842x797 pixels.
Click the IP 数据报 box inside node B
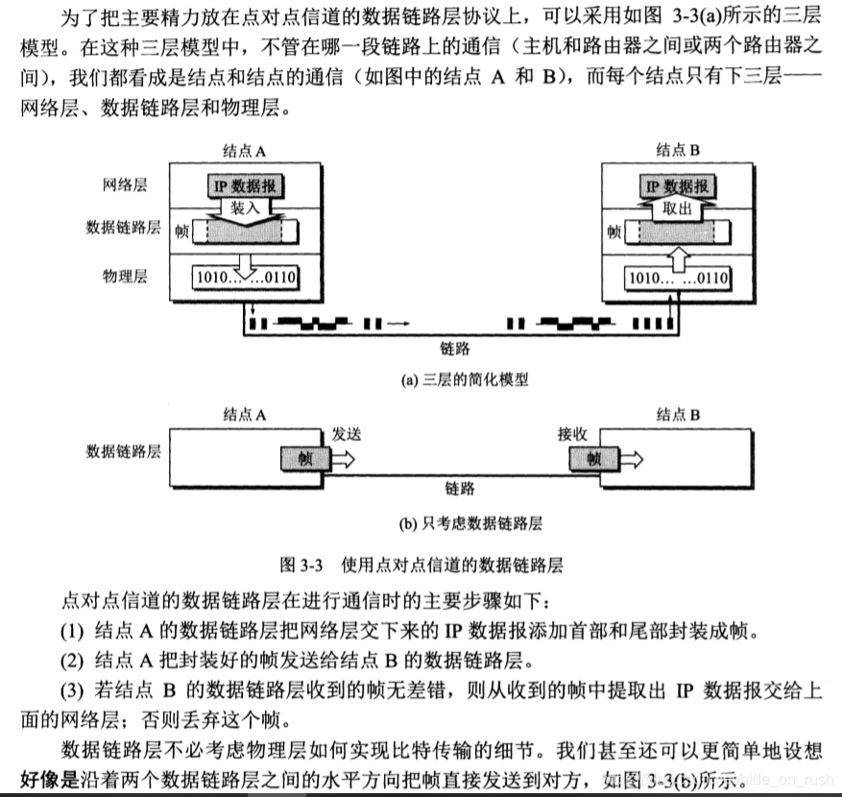[x=677, y=186]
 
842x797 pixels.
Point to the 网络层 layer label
[x=124, y=184]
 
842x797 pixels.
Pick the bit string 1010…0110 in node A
[x=246, y=278]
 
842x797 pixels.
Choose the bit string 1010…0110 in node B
[x=677, y=278]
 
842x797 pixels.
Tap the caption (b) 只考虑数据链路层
[x=470, y=523]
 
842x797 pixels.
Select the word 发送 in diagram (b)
[x=347, y=434]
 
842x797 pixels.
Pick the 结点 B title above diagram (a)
[x=679, y=150]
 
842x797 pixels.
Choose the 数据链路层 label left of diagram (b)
[x=123, y=449]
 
